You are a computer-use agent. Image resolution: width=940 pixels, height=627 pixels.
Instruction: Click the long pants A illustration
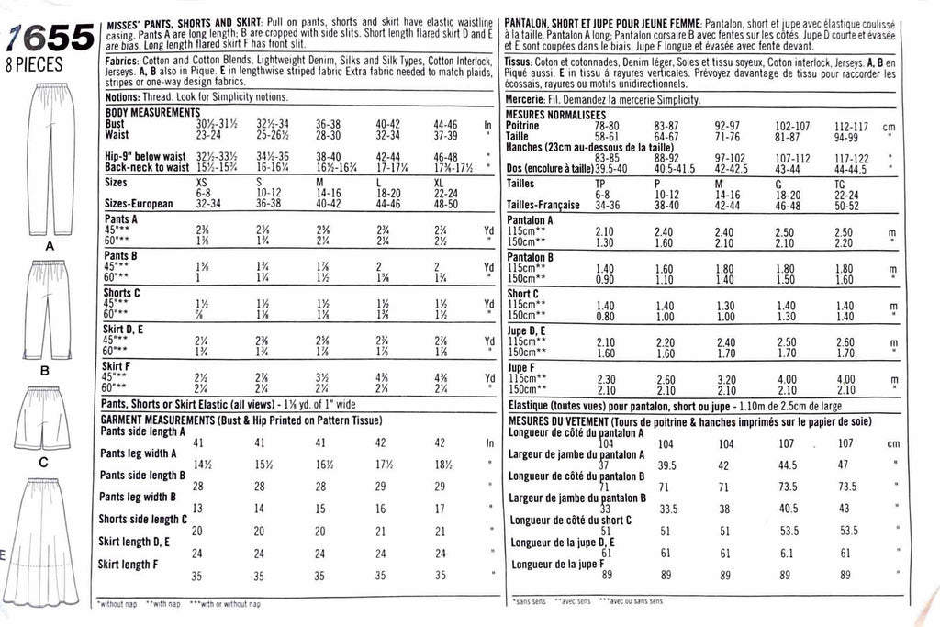pos(44,160)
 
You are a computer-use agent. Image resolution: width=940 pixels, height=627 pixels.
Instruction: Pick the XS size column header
pos(203,184)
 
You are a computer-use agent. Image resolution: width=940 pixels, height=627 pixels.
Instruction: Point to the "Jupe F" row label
pos(522,367)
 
